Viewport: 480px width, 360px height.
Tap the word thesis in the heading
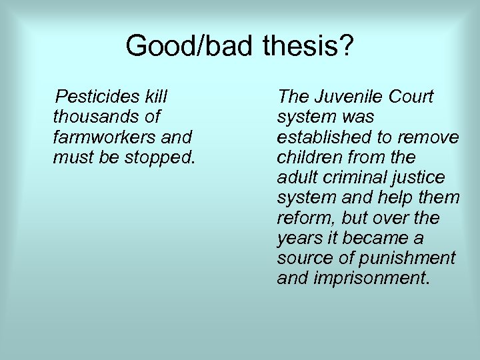301,46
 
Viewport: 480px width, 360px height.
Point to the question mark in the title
348,46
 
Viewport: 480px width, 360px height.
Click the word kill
154,97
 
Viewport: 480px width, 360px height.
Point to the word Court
409,97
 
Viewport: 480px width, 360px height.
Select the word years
298,238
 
